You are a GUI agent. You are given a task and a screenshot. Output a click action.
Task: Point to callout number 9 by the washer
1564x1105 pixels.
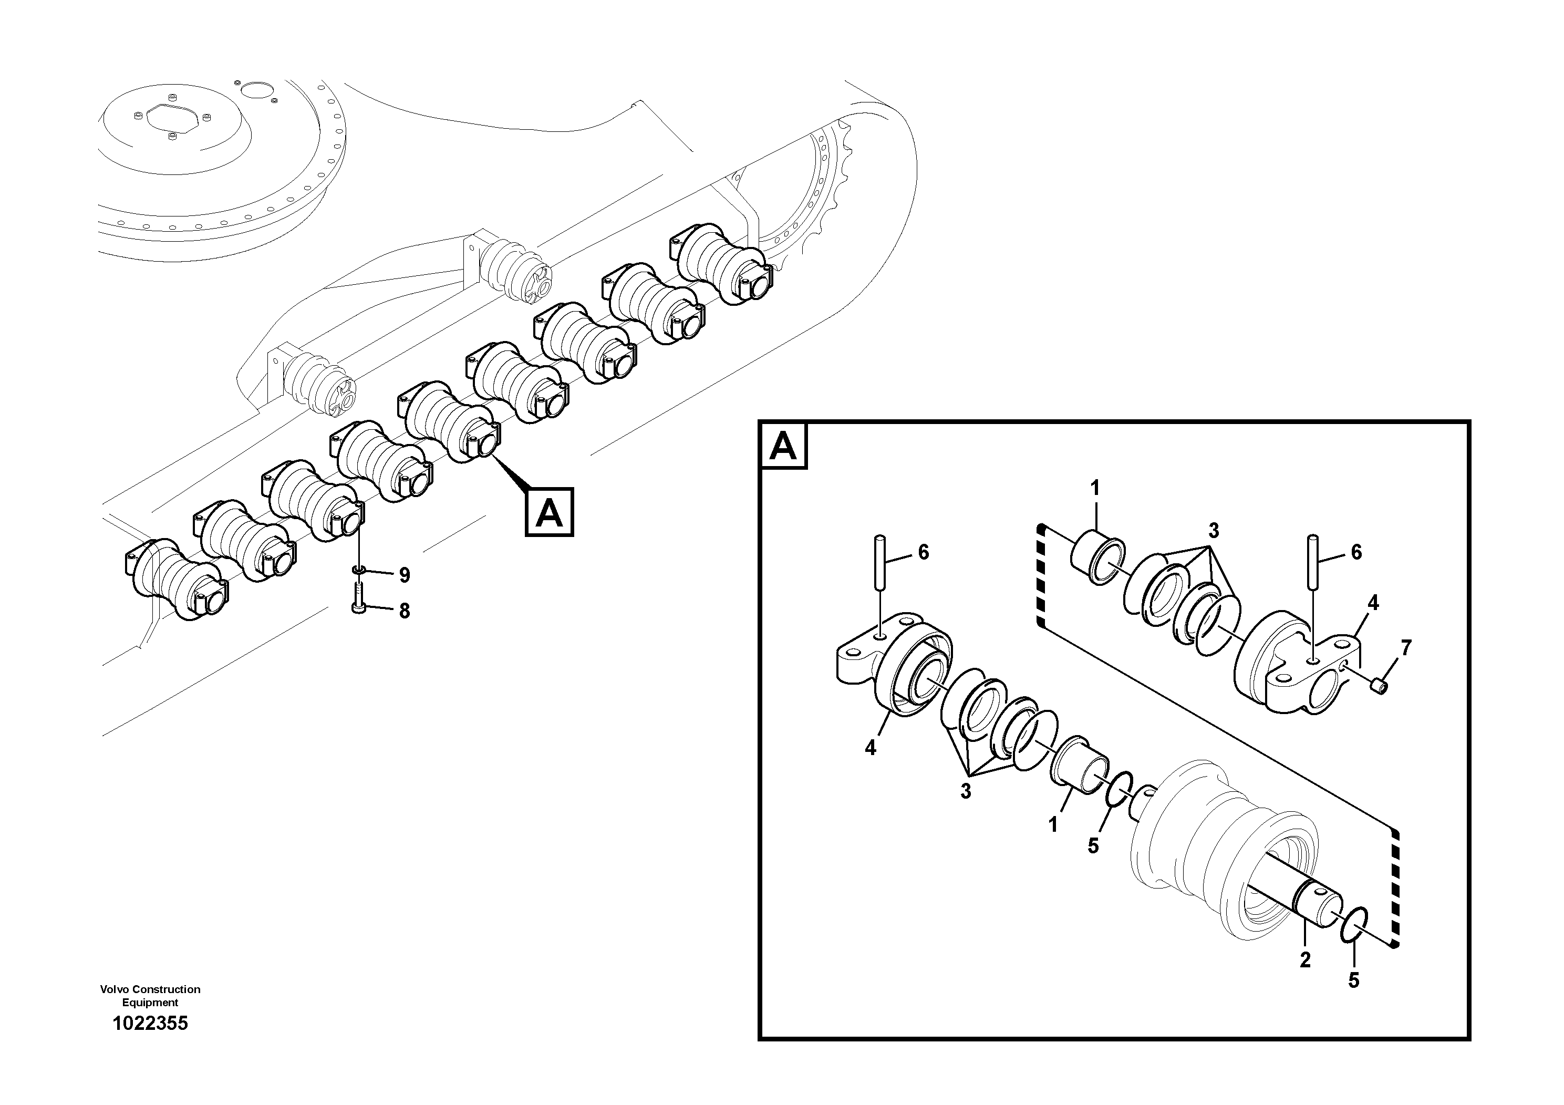point(404,576)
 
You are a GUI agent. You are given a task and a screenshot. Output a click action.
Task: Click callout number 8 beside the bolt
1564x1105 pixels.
point(404,611)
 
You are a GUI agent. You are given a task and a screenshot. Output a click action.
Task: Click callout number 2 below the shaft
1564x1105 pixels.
point(1304,960)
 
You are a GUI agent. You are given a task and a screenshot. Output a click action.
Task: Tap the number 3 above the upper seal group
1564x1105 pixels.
point(1213,531)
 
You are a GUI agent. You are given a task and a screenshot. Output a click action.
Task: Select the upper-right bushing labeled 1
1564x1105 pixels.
point(1096,559)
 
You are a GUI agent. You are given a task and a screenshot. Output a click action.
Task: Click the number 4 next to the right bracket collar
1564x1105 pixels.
point(1373,603)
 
